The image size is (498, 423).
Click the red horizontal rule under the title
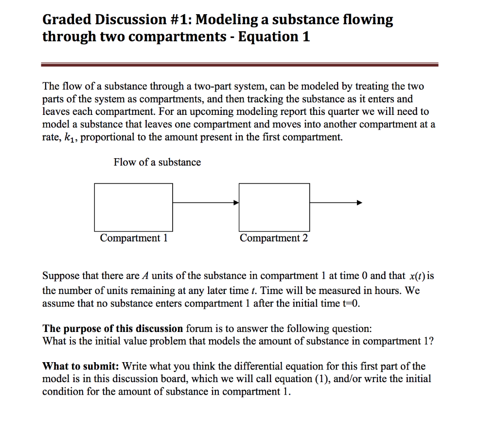240,64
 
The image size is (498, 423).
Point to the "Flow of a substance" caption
157,162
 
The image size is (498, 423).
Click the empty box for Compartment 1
133,207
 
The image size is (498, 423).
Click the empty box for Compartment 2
274,207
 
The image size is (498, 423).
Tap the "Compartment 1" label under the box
133,238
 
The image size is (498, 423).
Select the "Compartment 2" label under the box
274,238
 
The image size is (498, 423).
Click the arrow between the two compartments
206,202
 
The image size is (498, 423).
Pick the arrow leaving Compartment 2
336,202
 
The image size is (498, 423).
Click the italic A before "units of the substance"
144,276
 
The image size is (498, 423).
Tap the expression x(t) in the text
417,276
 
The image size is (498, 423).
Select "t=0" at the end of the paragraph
351,304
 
